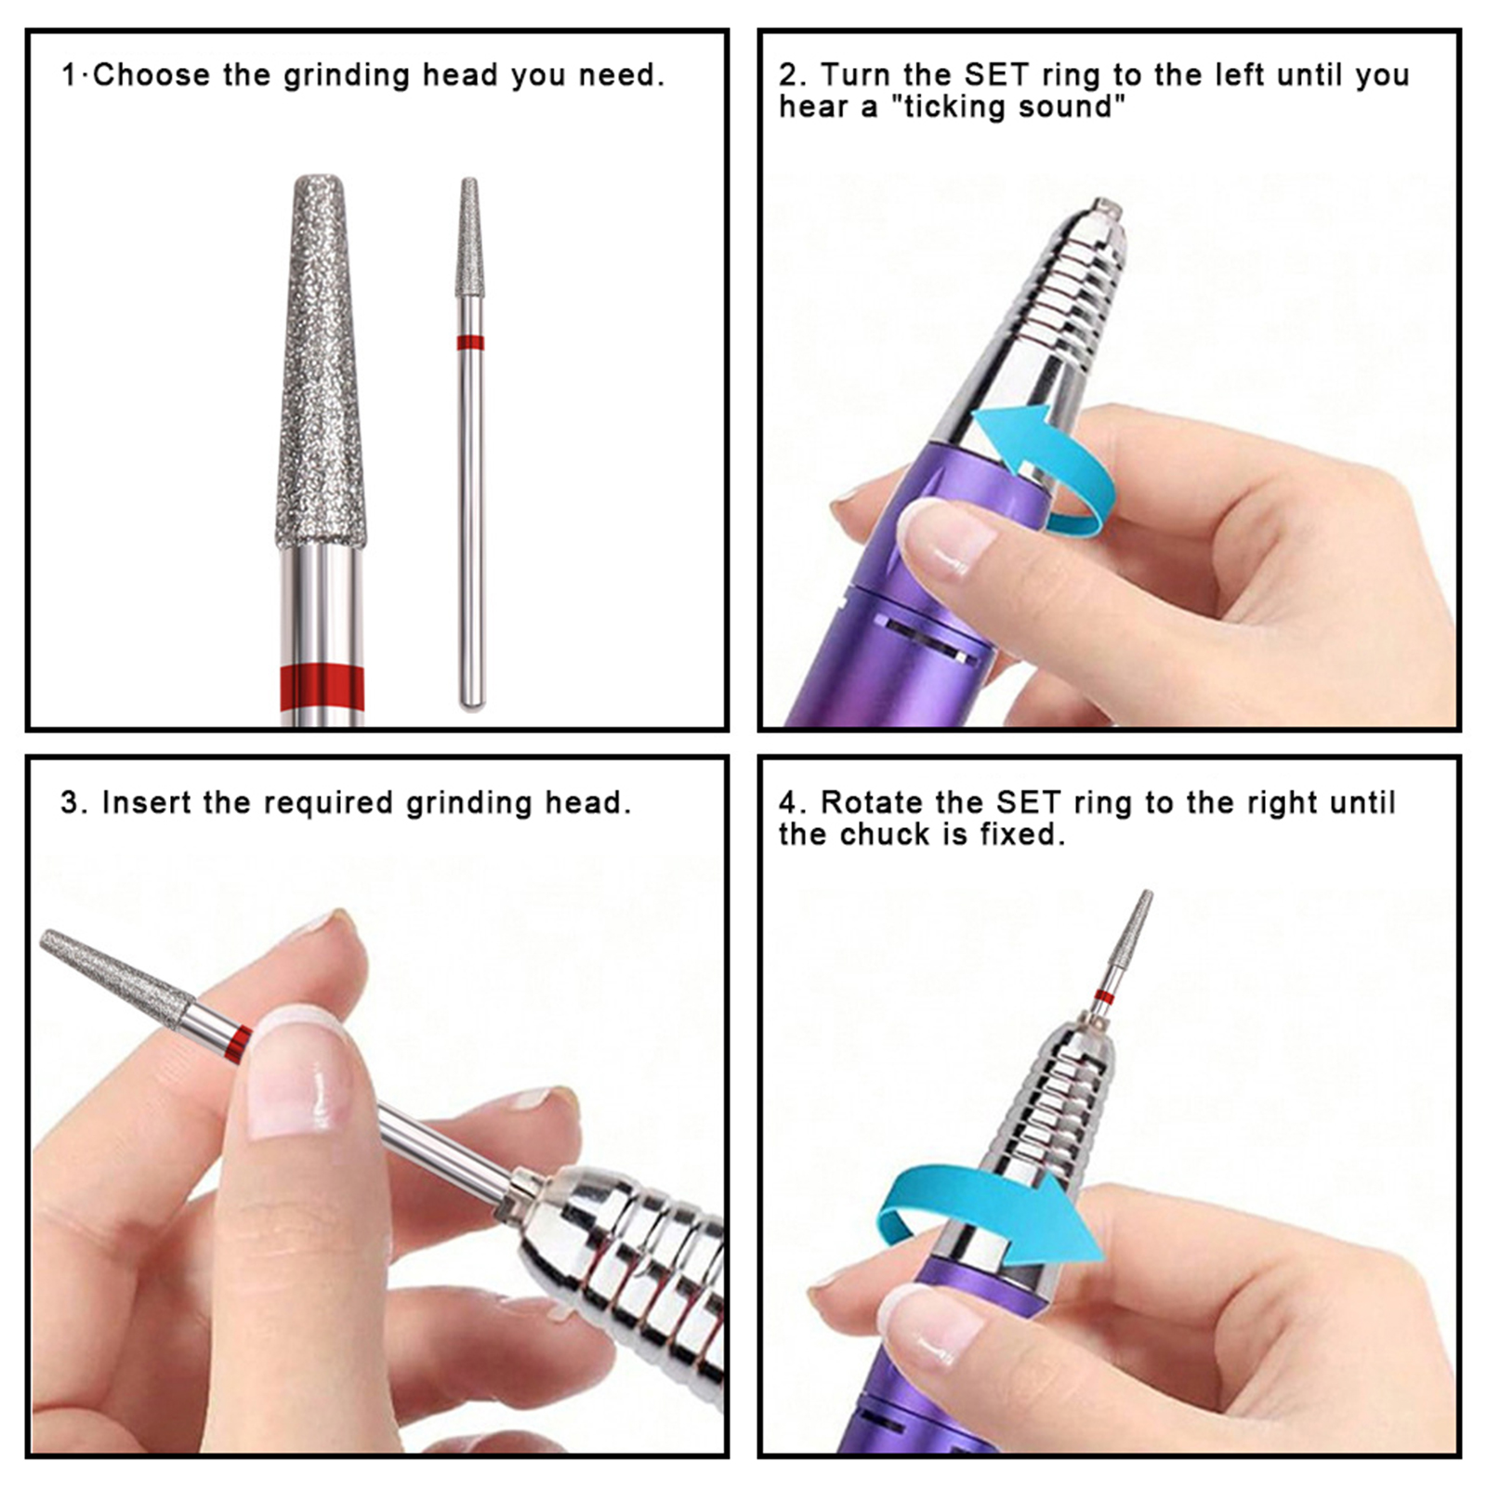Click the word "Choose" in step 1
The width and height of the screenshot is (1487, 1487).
[x=152, y=75]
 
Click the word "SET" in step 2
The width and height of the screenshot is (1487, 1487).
[x=998, y=75]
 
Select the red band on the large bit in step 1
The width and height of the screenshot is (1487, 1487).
[x=322, y=689]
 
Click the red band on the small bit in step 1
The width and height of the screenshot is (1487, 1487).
[x=470, y=342]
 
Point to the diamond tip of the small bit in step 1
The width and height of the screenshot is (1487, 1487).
[x=470, y=237]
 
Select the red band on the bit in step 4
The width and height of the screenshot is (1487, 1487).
[x=1104, y=997]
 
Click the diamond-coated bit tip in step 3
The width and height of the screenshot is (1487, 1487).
[x=115, y=977]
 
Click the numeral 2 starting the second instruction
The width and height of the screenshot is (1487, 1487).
[x=787, y=75]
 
